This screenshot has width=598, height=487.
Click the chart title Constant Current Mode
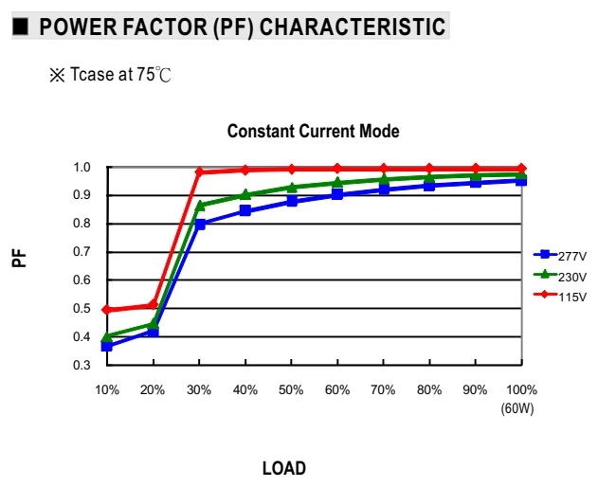[x=313, y=131]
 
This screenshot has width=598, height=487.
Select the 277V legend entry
[x=560, y=256]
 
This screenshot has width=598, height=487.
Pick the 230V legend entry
[x=560, y=276]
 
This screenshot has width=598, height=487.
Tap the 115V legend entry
[x=560, y=296]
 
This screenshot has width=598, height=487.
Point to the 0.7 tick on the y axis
[x=82, y=252]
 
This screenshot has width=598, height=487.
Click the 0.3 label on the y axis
[x=82, y=365]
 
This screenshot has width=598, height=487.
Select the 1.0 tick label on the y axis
[x=82, y=167]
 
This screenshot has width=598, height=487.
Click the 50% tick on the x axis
[x=291, y=389]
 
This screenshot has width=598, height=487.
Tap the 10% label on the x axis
[x=107, y=389]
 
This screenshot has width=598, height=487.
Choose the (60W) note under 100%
[x=517, y=408]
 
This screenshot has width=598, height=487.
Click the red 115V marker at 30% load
[x=199, y=171]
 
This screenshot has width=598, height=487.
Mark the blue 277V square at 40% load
[x=245, y=210]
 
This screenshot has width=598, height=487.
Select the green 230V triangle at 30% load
[x=200, y=206]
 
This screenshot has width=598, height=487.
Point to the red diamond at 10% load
[x=107, y=310]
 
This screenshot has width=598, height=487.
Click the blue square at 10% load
[x=107, y=346]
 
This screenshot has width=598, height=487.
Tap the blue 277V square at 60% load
[x=337, y=194]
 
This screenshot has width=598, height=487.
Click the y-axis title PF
[x=19, y=258]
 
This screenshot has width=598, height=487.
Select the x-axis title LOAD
[x=284, y=468]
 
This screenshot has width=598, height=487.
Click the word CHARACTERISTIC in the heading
[x=353, y=27]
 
